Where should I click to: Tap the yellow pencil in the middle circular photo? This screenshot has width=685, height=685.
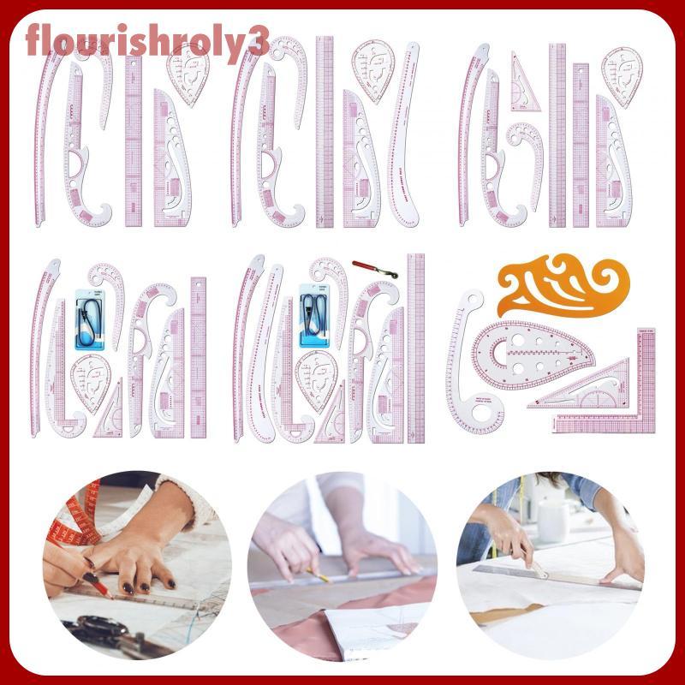tap(318, 573)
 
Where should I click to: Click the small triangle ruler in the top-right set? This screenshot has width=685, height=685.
tap(523, 83)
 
